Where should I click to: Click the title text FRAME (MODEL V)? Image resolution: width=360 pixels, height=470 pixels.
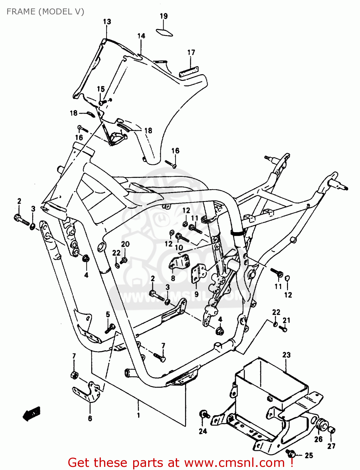45,12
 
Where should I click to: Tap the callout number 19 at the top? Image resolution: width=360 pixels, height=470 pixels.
164,16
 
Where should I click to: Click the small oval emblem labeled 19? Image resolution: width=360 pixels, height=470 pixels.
164,32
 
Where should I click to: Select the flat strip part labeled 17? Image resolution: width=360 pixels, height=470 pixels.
189,72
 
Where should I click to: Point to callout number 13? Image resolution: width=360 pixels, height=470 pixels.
107,22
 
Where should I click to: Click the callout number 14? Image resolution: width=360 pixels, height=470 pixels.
141,36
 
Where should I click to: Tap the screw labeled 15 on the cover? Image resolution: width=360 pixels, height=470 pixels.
102,102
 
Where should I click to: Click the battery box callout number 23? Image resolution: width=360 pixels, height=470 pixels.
286,355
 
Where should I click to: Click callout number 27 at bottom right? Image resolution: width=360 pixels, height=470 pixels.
331,446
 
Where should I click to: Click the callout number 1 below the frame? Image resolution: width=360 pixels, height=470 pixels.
138,415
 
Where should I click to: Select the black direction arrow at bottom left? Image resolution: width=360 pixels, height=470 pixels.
32,414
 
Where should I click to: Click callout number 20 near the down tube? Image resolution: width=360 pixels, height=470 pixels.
125,244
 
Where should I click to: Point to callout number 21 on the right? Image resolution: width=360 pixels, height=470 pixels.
286,320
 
